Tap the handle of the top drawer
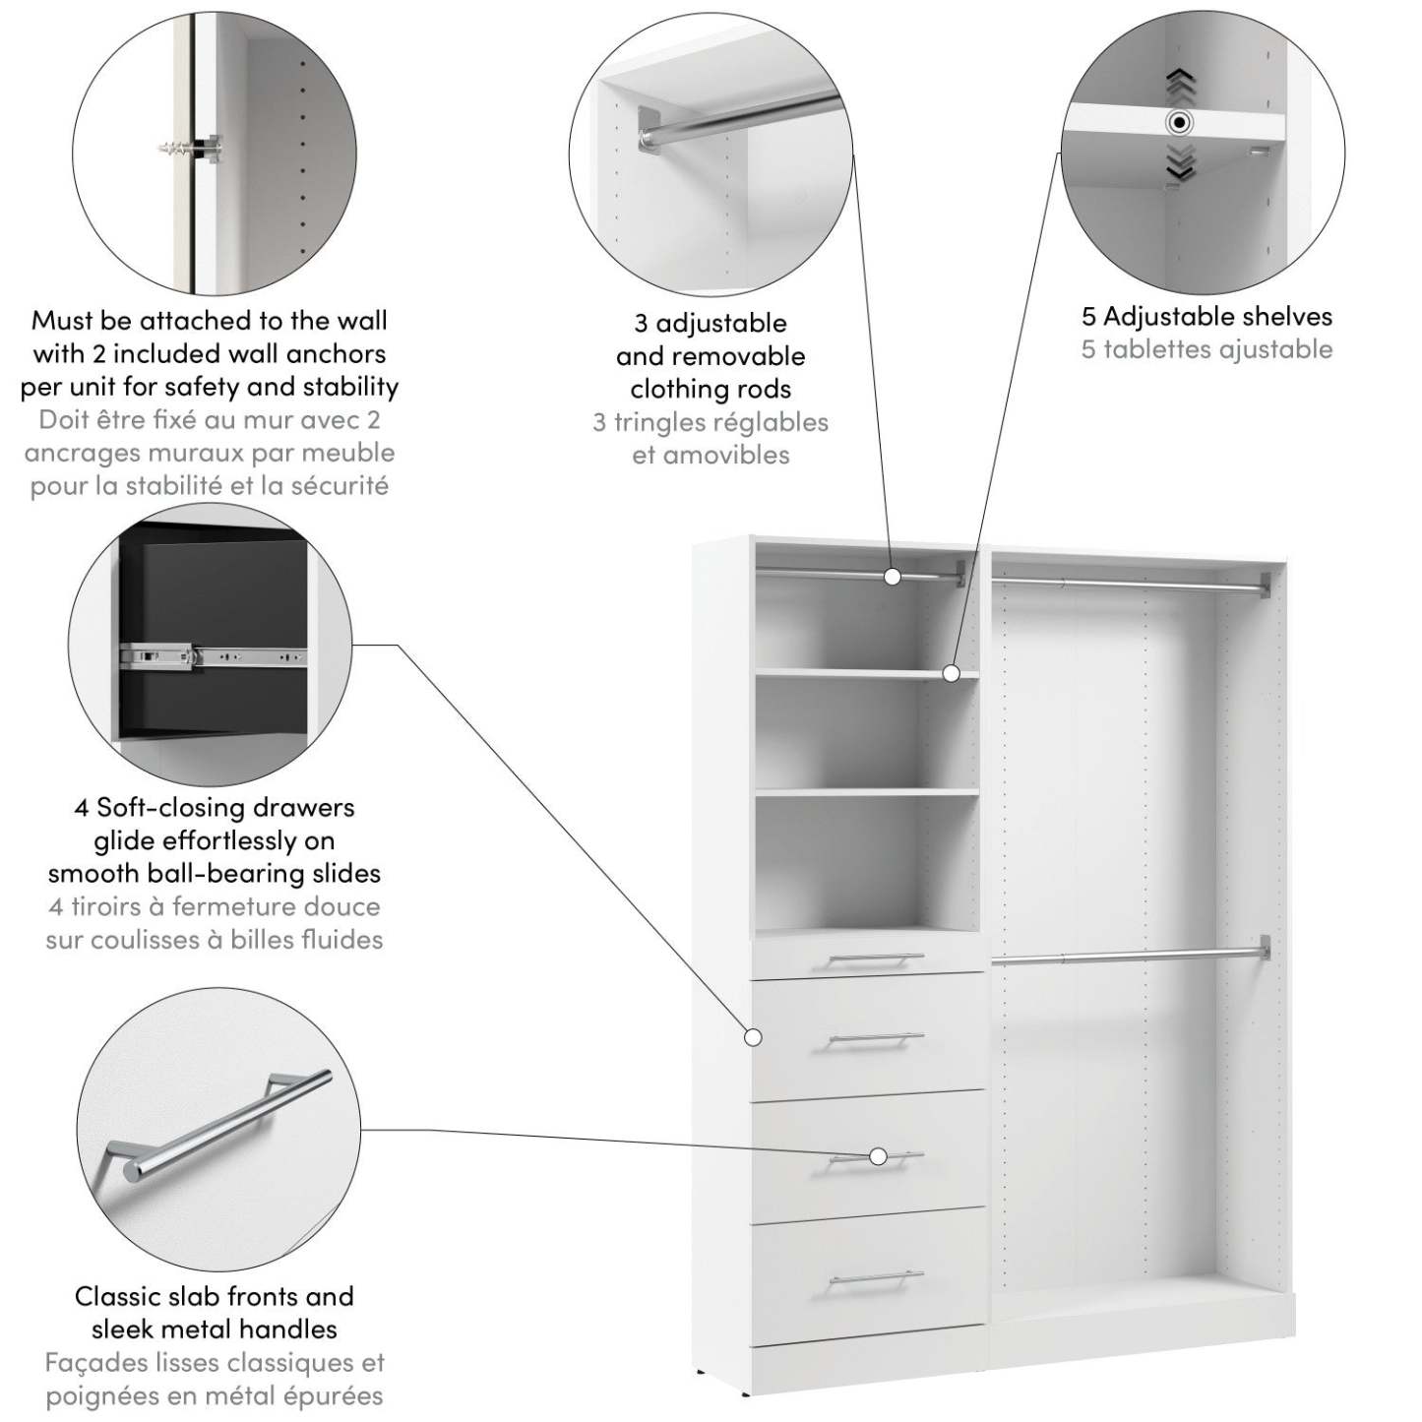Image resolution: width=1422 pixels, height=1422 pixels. (x=875, y=958)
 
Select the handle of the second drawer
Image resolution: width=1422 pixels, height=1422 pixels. (x=875, y=1039)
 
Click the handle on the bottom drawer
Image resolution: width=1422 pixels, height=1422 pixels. (x=877, y=1278)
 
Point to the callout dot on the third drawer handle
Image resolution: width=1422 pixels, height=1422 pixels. (x=878, y=1156)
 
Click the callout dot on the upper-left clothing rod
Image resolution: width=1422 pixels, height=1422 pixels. (x=893, y=577)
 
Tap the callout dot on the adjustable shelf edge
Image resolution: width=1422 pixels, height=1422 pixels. (x=951, y=673)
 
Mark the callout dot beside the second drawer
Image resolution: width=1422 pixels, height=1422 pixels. (x=754, y=1037)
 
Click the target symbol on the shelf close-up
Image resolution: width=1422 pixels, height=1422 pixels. (x=1179, y=123)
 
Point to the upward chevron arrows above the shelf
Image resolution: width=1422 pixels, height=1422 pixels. (x=1180, y=86)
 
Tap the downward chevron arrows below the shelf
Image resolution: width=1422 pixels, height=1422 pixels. (x=1180, y=162)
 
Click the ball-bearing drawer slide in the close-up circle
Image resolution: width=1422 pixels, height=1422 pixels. (x=212, y=654)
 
